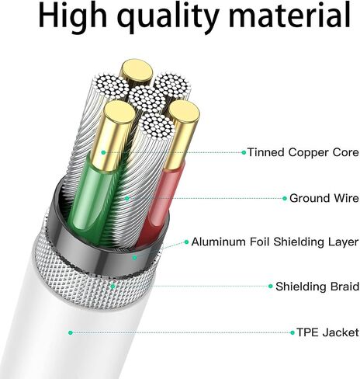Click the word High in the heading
pyautogui.click(x=73, y=17)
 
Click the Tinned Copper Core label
pyautogui.click(x=303, y=152)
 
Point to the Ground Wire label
pyautogui.click(x=324, y=198)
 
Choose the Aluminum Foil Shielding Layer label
pyautogui.click(x=275, y=242)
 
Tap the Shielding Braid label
pyautogui.click(x=317, y=287)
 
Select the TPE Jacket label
pyautogui.click(x=327, y=332)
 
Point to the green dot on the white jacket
pyautogui.click(x=71, y=332)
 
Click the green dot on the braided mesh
pyautogui.click(x=112, y=287)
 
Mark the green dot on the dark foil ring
pyautogui.click(x=134, y=258)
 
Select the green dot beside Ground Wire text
pyautogui.click(x=285, y=199)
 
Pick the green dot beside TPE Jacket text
pyautogui.click(x=292, y=332)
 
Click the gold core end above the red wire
pyautogui.click(x=185, y=112)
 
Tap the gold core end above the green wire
pyautogui.click(x=119, y=113)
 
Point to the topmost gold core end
pyautogui.click(x=137, y=71)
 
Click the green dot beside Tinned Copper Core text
pyautogui.click(x=244, y=152)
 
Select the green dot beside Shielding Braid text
pyautogui.click(x=271, y=287)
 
